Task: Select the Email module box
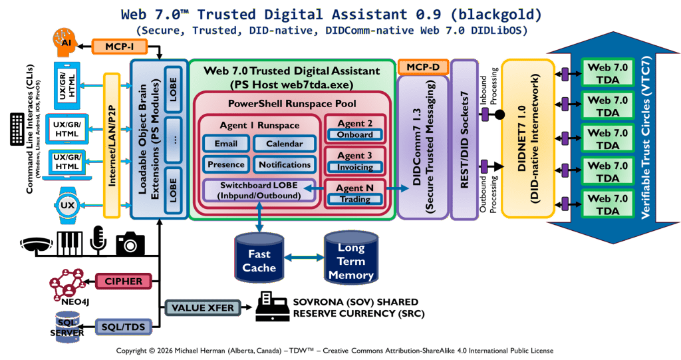coord(226,144)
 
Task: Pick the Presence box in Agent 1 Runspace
coord(226,164)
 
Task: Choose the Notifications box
coord(284,164)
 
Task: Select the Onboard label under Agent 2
coord(355,134)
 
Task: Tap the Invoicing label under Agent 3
coord(355,167)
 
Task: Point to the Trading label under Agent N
coord(355,199)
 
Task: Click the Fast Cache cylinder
coord(259,258)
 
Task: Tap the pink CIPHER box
coord(123,281)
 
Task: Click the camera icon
coord(130,244)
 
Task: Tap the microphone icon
coord(98,240)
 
